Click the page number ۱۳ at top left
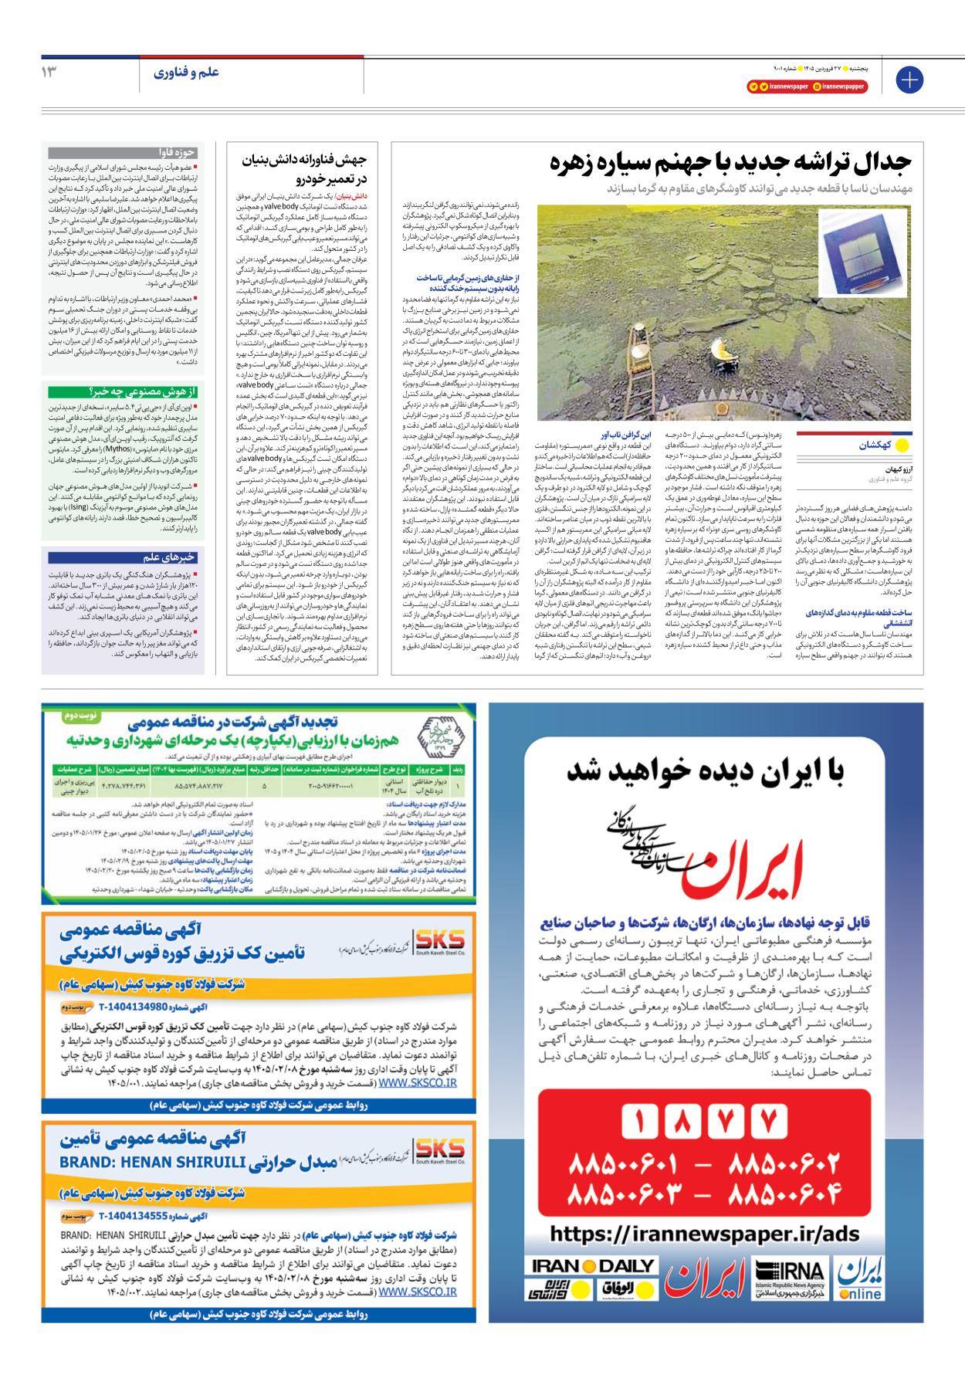49,72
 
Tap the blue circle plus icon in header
909,80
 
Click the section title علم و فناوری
186,73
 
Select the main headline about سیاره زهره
730,163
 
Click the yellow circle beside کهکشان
902,445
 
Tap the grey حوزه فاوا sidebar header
123,153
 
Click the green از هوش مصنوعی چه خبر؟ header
123,392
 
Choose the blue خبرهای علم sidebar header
123,557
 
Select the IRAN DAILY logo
592,1266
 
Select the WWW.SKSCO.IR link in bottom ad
417,1292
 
